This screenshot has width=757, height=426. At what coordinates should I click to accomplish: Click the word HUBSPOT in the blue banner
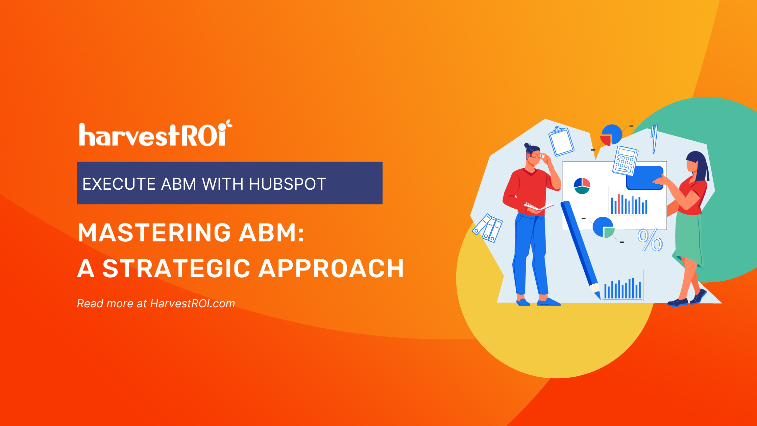[287, 184]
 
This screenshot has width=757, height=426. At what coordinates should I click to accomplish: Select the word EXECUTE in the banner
[119, 184]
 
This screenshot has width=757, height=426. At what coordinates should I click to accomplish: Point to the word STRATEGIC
[176, 269]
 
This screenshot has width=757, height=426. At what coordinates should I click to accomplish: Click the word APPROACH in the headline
[331, 269]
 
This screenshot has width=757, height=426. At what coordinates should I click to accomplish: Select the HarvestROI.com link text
[192, 304]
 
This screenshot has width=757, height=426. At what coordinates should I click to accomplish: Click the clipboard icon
[561, 142]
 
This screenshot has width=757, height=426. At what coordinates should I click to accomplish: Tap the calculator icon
[625, 161]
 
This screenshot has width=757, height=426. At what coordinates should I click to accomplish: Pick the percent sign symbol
[650, 240]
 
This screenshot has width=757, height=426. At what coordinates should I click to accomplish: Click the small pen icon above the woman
[654, 139]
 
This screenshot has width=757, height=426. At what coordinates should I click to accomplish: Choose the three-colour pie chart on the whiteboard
[582, 186]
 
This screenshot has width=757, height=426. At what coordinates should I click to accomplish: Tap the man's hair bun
[527, 146]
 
